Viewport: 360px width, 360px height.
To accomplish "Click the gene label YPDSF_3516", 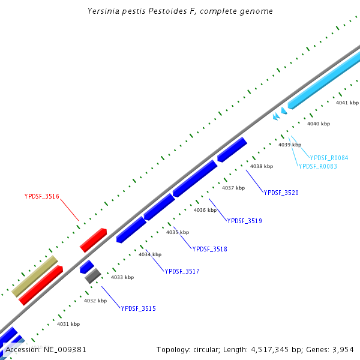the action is point(41,196).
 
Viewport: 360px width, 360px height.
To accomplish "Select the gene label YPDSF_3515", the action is point(138,308).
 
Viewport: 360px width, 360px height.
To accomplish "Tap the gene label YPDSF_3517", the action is point(182,272).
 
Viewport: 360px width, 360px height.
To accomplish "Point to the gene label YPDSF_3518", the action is point(209,249).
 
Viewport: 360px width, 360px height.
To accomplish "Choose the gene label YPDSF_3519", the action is point(244,221).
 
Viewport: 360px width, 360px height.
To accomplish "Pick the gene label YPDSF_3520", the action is point(281,193).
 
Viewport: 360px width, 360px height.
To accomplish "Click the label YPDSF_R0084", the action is point(329,158).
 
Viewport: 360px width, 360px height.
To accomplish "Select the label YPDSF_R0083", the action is point(317,166).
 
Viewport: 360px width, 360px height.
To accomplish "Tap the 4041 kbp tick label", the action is point(347,103).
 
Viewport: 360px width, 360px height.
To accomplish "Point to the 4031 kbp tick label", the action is point(68,324).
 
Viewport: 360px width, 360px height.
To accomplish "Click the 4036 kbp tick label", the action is point(205,210).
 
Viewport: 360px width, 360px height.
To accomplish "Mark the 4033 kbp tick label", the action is point(122,277).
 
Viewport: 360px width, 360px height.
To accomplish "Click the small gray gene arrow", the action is point(92,276).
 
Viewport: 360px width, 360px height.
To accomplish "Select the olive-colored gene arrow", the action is point(35,276).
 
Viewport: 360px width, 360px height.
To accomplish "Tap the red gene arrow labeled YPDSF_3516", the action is point(93,240).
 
